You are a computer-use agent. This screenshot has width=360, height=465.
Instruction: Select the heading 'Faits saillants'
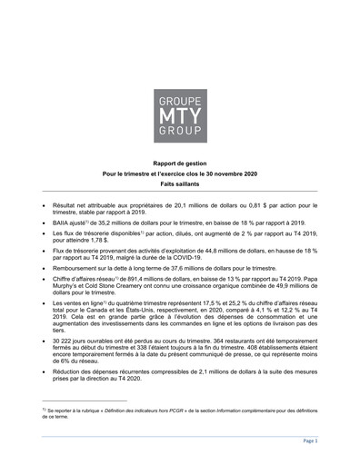pos(179,184)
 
